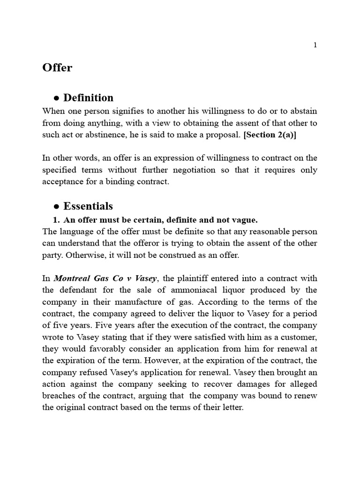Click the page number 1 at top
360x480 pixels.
[315, 45]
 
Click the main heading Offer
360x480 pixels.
[57, 67]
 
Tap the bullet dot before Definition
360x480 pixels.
[56, 98]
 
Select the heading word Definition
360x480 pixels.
[88, 98]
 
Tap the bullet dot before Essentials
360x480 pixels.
[56, 206]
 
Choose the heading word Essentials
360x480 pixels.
[88, 206]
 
